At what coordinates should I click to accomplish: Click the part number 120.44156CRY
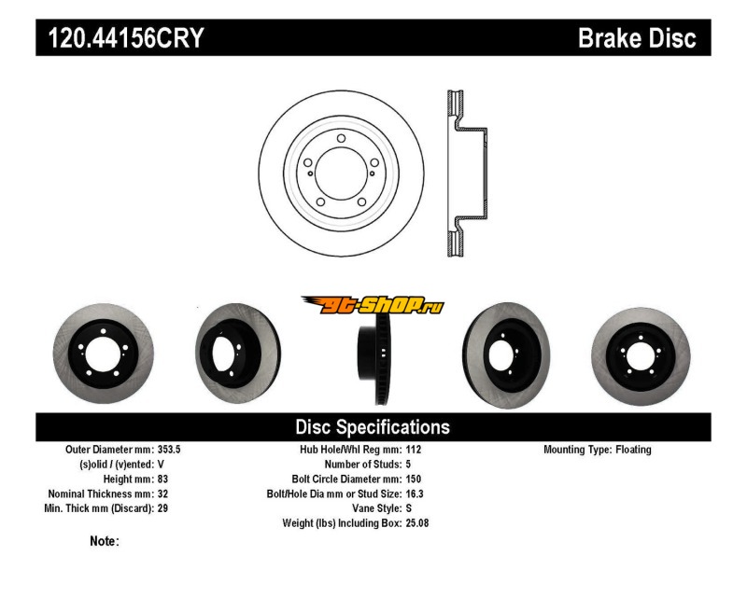126,38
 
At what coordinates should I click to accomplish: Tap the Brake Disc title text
637,38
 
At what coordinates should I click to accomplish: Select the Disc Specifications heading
373,427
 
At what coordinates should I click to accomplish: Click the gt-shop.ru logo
373,305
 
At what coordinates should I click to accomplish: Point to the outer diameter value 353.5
169,450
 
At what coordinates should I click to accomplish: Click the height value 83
162,479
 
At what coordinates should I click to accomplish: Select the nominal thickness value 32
162,494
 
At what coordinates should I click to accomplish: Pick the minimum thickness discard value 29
162,508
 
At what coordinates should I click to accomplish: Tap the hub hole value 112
414,450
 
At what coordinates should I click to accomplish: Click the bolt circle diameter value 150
414,479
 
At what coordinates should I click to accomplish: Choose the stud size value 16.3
415,494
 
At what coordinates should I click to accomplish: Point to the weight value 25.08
417,523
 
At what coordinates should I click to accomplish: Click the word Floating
633,450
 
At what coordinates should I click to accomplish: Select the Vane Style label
377,508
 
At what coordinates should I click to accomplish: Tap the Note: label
105,542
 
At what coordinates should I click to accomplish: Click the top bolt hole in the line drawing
341,138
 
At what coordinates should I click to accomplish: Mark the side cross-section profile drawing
468,174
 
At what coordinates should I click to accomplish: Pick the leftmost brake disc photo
104,354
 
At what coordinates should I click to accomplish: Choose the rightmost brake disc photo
641,356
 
